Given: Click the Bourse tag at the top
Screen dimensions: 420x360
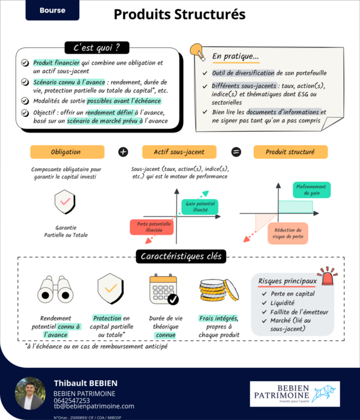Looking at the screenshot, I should [52, 10].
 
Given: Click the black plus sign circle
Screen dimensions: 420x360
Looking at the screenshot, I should [123, 152].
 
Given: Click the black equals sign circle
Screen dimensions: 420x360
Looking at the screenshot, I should [236, 152].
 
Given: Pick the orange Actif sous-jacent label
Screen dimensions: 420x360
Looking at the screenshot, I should [179, 152].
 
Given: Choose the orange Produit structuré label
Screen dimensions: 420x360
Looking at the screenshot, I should [290, 152].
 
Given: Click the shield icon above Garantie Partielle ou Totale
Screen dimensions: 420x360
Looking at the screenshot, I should [65, 203].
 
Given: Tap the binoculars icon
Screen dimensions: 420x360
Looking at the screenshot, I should [55, 291].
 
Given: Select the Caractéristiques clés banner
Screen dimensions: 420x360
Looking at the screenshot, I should [181, 257].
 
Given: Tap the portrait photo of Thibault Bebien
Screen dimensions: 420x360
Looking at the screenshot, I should [30, 393].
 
